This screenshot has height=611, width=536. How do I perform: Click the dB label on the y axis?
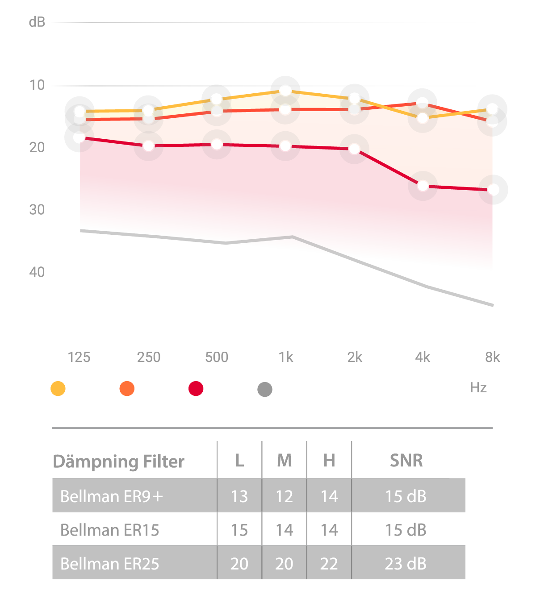coord(37,22)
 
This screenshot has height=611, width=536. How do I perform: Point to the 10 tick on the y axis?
coord(37,85)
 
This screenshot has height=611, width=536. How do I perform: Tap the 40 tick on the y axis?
coord(37,272)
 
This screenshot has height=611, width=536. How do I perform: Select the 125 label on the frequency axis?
coord(79,357)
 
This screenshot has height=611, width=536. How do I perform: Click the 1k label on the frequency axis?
coord(286,357)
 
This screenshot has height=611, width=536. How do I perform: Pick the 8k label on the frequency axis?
coord(492,357)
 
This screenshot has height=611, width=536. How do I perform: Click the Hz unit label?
coord(478,387)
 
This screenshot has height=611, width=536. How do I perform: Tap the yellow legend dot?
coord(58,389)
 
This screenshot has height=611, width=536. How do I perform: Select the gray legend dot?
coord(265,390)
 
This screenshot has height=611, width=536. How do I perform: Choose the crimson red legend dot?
coord(196,389)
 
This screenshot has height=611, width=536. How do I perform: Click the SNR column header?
coord(406,461)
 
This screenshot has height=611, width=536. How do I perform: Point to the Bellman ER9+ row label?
coord(112,496)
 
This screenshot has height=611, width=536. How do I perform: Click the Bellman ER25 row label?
coord(109,564)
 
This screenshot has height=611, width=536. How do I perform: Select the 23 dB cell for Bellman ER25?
coord(406,564)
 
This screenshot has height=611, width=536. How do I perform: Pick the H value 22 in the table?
coord(329,564)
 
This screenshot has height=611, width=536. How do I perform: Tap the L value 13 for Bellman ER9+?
coord(239,496)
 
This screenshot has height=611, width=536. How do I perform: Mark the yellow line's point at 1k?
coord(285,91)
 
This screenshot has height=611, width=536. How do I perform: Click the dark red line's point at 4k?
coord(423,186)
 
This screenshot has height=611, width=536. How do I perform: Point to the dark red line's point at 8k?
coord(493,190)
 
